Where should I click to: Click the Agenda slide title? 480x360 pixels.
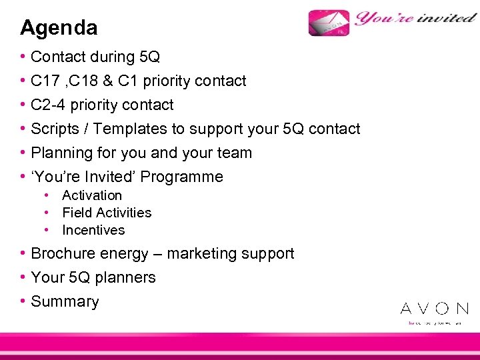59,28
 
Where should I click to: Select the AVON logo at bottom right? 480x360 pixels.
434,309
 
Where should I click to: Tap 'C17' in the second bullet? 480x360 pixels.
45,81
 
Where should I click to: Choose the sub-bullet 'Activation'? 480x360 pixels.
92,195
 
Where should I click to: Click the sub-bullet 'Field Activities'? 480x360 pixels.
107,213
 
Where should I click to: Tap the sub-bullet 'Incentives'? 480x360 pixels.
93,230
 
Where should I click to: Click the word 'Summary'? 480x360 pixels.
65,301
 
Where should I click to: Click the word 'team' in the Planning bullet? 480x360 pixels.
236,153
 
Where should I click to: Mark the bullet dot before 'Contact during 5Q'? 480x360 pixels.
23,57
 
